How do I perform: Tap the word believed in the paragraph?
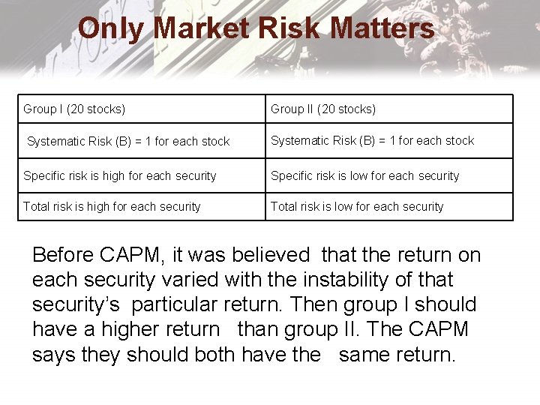[x=272, y=255]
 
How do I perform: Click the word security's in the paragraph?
[x=76, y=304]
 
